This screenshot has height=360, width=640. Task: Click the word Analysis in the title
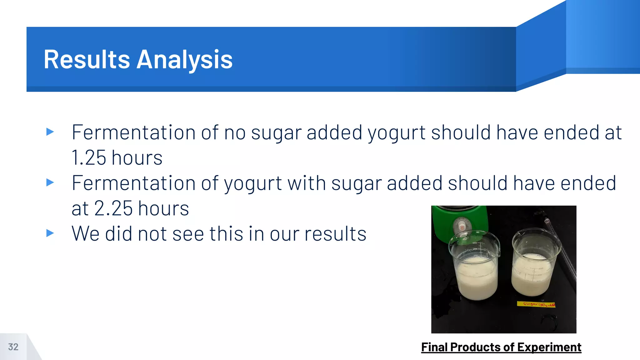tap(185, 59)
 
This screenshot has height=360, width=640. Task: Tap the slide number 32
tap(13, 347)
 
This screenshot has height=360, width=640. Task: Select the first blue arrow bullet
tap(50, 132)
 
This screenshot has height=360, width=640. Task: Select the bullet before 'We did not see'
tap(50, 233)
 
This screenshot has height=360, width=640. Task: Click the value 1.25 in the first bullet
tap(89, 157)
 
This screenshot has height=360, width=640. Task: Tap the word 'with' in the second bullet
tap(307, 183)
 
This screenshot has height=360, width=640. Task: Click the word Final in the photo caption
tap(434, 347)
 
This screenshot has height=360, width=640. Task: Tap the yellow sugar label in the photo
tap(536, 304)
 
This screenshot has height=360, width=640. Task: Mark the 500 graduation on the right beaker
tap(541, 269)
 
